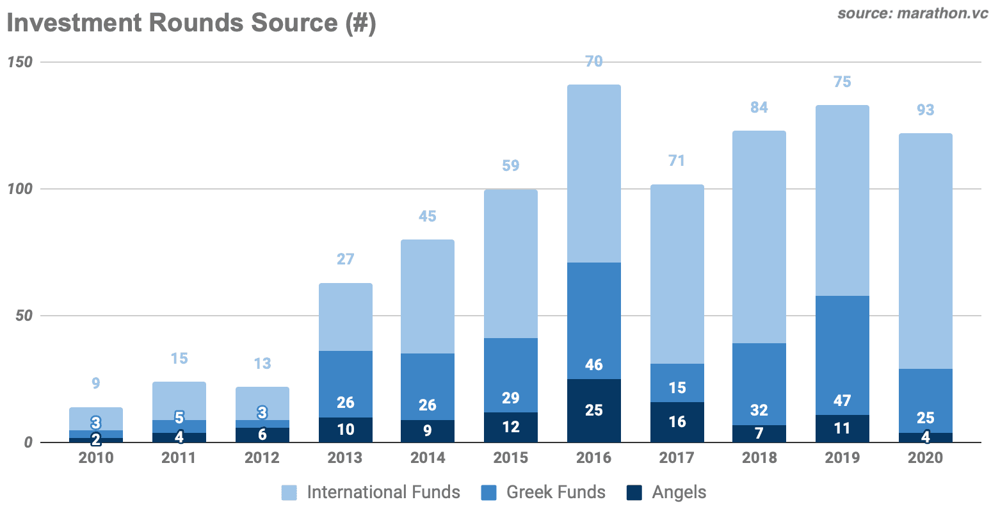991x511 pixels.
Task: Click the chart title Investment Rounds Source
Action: click(191, 23)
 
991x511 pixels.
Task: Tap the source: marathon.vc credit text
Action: click(912, 13)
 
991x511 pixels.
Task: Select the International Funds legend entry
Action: click(371, 492)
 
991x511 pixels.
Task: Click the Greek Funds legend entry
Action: click(543, 492)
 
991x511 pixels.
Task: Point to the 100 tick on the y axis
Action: click(19, 189)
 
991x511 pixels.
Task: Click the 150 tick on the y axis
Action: click(19, 62)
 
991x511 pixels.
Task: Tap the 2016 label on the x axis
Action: click(593, 458)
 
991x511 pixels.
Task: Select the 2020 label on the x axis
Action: click(925, 458)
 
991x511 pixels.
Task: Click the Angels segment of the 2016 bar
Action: click(593, 410)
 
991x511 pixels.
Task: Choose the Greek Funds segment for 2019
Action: click(842, 355)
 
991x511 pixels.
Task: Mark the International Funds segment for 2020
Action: click(925, 250)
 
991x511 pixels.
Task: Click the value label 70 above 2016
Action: click(593, 61)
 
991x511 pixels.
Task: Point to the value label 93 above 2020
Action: click(925, 110)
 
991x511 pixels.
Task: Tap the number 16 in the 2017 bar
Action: click(677, 422)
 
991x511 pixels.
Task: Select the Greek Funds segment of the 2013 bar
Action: click(345, 384)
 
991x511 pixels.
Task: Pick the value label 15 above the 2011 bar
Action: click(179, 359)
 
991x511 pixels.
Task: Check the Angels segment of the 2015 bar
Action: click(510, 427)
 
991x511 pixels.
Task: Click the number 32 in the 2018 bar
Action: click(759, 410)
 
